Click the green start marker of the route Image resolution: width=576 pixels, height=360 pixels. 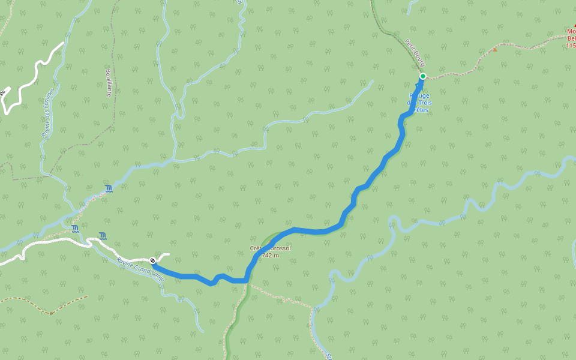(423, 76)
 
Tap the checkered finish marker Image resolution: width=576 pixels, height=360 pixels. (154, 260)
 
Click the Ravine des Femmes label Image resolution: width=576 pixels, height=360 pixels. (48, 114)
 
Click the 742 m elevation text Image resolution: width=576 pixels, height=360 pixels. (271, 255)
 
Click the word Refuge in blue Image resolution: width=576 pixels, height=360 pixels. (419, 95)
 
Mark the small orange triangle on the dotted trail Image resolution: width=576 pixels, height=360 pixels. (495, 49)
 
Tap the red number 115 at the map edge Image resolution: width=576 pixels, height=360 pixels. (571, 45)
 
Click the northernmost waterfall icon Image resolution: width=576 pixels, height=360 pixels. (109, 189)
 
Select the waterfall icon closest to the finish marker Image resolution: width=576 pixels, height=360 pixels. (103, 235)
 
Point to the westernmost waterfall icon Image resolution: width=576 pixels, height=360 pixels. (75, 229)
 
